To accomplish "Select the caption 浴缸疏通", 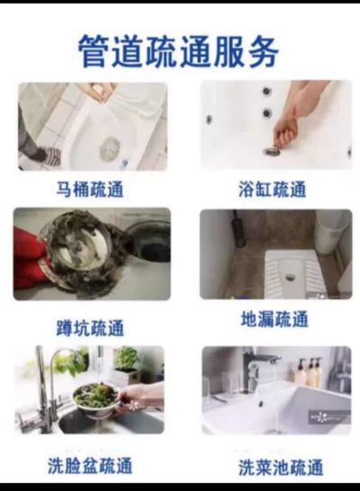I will click(x=272, y=190).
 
